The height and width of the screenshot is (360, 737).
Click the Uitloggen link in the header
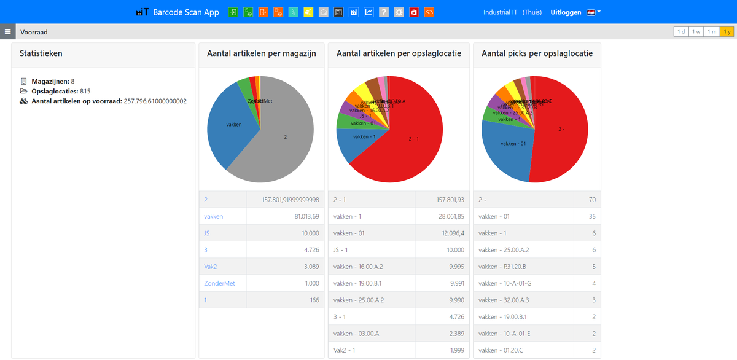pos(566,12)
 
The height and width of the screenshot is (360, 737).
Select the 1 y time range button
pos(727,32)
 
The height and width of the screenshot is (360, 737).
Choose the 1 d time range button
pos(680,32)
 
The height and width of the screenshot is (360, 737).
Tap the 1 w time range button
pos(696,32)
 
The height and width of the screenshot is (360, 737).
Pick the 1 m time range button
pos(711,32)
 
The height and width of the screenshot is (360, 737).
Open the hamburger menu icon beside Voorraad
pos(7,32)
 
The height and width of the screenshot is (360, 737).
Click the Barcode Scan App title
pos(185,12)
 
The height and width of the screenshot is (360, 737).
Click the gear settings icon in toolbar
pos(399,12)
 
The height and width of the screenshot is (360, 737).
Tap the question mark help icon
pos(384,12)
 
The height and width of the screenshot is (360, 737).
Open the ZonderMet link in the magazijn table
pos(219,283)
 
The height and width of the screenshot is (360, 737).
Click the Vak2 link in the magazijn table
pos(211,267)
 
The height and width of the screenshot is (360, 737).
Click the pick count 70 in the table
pos(592,200)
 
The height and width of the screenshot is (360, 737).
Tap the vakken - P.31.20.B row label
pos(502,267)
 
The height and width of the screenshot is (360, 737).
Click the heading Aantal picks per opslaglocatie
pos(537,53)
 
